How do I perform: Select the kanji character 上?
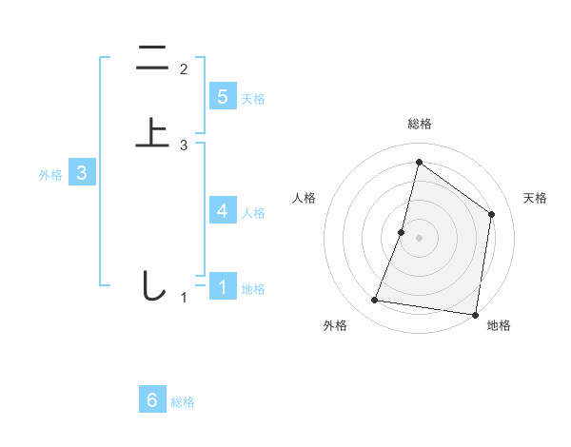(x=151, y=133)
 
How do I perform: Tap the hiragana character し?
(x=151, y=286)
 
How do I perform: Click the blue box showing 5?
(x=223, y=96)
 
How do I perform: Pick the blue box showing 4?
(x=223, y=210)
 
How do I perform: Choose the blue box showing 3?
(x=82, y=173)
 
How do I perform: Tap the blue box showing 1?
(x=223, y=286)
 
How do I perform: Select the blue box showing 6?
(x=152, y=400)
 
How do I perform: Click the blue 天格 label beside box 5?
(x=253, y=98)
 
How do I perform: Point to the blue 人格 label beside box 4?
(x=253, y=212)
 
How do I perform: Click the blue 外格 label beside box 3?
(x=50, y=175)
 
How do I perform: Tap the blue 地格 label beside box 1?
(x=253, y=288)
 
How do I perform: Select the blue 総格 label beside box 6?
(x=183, y=402)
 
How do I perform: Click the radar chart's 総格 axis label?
(x=419, y=124)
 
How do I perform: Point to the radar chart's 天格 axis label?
(x=536, y=198)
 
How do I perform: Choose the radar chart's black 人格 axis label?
(x=304, y=198)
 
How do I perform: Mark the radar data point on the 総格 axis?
(x=419, y=162)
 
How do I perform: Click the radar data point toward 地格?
(x=475, y=314)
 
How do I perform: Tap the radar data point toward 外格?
(x=375, y=301)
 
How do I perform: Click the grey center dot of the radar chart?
(x=419, y=238)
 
